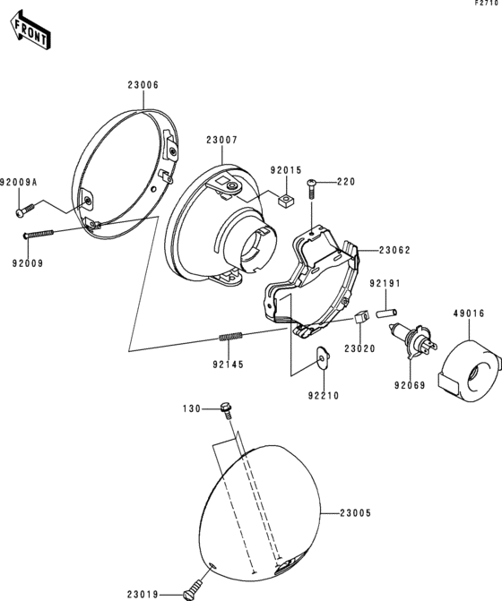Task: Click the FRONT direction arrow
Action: coord(30,30)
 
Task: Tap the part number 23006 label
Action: coord(143,85)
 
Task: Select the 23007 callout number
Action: coord(222,141)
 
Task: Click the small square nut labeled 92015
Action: coord(285,200)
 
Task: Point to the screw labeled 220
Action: coord(311,188)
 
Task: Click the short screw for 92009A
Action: coord(25,210)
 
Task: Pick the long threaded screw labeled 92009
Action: coord(39,234)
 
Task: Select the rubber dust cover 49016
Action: coord(469,371)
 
